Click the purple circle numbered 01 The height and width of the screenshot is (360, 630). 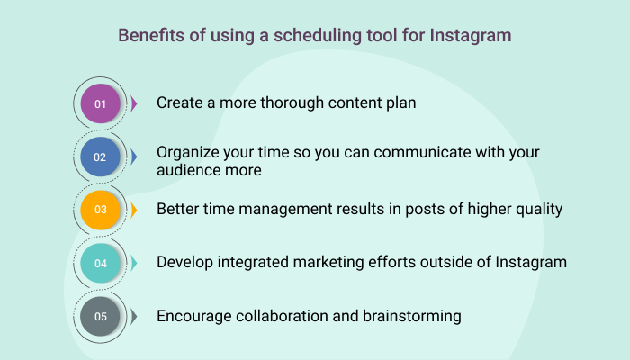click(100, 103)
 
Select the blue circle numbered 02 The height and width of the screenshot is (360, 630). click(100, 157)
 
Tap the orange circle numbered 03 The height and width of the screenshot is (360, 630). click(100, 210)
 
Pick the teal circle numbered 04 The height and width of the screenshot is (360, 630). click(100, 263)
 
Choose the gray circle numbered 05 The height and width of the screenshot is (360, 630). click(100, 316)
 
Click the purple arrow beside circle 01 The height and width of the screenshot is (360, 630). click(134, 103)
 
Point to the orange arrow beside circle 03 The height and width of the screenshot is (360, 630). click(134, 210)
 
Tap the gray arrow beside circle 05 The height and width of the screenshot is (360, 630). click(134, 316)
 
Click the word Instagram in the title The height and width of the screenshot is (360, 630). click(471, 36)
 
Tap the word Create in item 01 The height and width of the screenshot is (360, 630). click(180, 103)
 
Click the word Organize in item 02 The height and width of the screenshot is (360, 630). click(187, 153)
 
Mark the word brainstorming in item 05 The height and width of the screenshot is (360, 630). click(412, 317)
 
